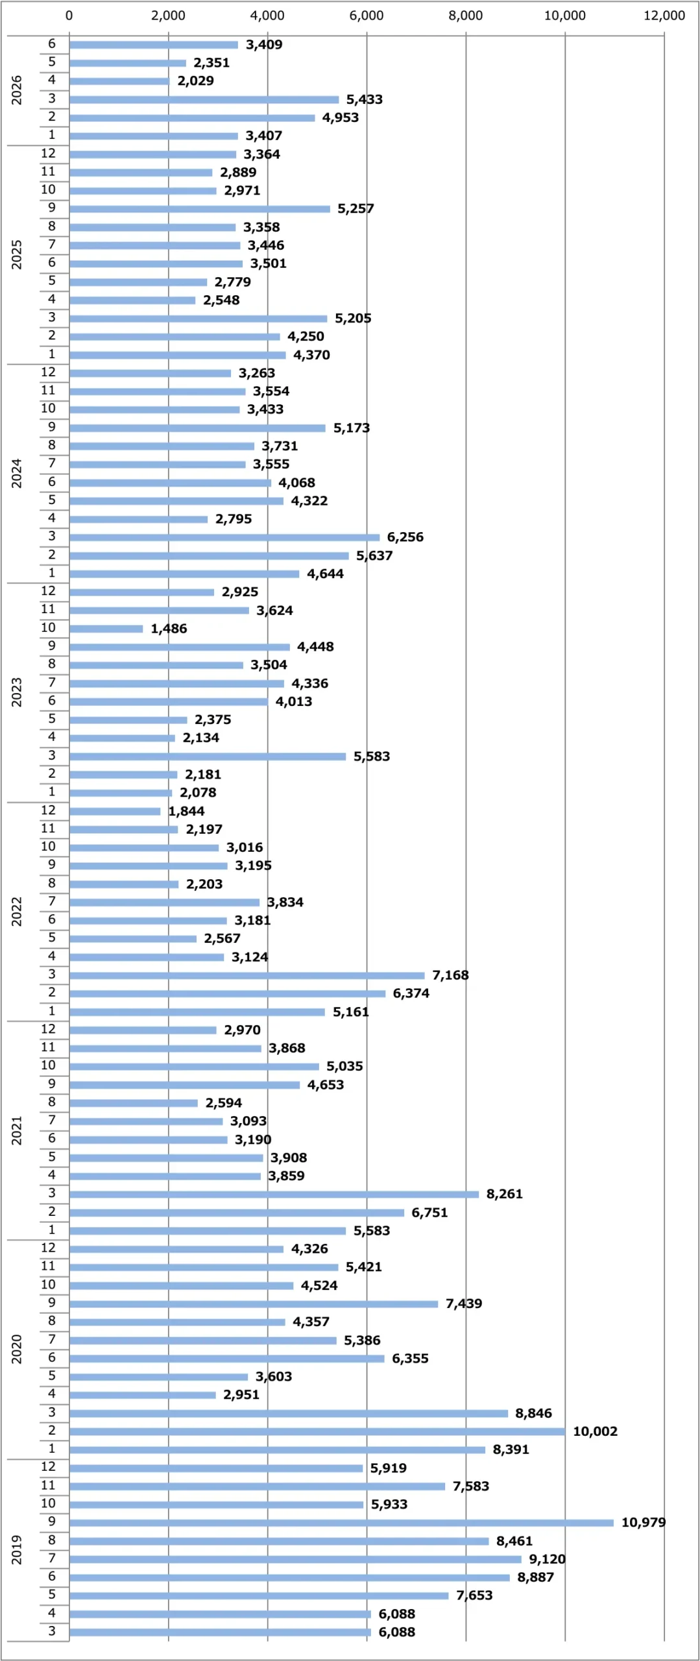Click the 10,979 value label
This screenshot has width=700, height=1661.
pyautogui.click(x=643, y=1522)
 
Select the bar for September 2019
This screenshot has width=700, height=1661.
pyautogui.click(x=341, y=1522)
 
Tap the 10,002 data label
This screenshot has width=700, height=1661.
pyautogui.click(x=595, y=1431)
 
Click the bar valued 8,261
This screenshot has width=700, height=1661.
pyautogui.click(x=274, y=1194)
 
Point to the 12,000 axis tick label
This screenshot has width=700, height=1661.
pyautogui.click(x=664, y=16)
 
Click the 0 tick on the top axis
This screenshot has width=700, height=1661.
pyautogui.click(x=69, y=16)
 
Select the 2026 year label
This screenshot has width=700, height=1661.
pyautogui.click(x=17, y=90)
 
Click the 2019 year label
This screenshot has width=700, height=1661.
pyautogui.click(x=17, y=1549)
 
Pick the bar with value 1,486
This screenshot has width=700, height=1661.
pyautogui.click(x=106, y=628)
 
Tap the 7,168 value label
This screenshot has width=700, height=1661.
pyautogui.click(x=450, y=975)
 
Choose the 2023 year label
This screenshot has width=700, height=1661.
pyautogui.click(x=17, y=692)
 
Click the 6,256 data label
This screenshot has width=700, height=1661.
pyautogui.click(x=405, y=537)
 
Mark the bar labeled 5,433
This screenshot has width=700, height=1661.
pyautogui.click(x=204, y=99)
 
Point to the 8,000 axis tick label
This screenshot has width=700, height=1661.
pyautogui.click(x=465, y=16)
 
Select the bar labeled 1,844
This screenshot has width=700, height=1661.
pyautogui.click(x=115, y=811)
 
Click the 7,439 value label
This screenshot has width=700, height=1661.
pyautogui.click(x=463, y=1303)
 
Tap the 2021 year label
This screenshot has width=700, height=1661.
pyautogui.click(x=17, y=1130)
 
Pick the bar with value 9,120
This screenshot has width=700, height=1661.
pyautogui.click(x=295, y=1559)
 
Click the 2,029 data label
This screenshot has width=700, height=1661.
pyautogui.click(x=195, y=80)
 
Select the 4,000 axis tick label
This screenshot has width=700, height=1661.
pyautogui.click(x=267, y=16)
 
